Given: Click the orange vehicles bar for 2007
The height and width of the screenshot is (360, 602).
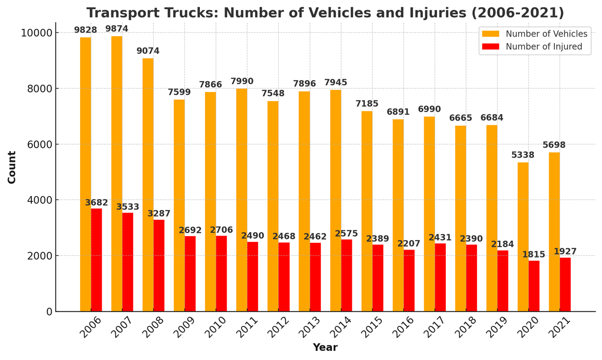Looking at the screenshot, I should click(x=117, y=173).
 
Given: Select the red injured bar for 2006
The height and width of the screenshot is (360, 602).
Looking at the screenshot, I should click(x=96, y=260).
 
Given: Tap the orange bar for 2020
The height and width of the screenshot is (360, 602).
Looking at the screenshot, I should click(x=523, y=237).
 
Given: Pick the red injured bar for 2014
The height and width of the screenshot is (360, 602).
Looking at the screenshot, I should click(x=347, y=275).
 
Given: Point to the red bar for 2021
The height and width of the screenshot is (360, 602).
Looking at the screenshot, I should click(x=565, y=284).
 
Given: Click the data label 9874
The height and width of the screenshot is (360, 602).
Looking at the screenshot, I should click(x=117, y=29).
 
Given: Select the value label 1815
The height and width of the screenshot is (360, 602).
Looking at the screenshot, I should click(x=534, y=254).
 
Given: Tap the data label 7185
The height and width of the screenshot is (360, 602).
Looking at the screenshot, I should click(x=367, y=104).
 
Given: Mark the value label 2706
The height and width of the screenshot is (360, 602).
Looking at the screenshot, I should click(x=221, y=230).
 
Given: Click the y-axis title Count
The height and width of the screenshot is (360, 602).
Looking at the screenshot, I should click(x=12, y=167).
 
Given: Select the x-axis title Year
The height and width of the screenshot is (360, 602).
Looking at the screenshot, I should click(x=325, y=347).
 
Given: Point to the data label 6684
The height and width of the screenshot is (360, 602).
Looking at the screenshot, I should click(x=492, y=118).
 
